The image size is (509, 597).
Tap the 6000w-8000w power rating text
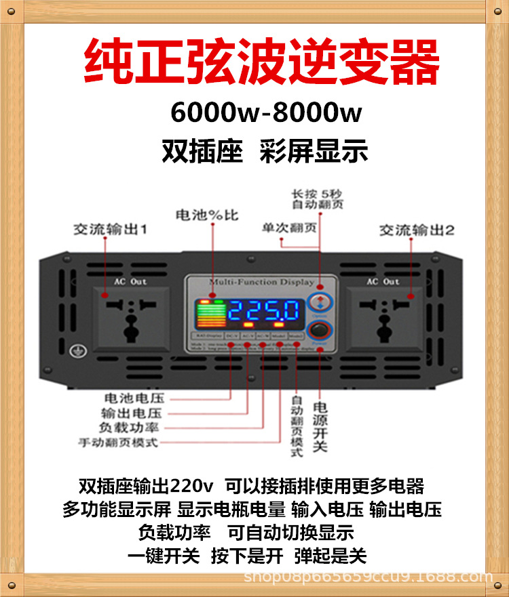coord(266,112)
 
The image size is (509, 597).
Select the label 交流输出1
coord(110,230)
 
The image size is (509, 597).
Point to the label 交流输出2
coord(416,230)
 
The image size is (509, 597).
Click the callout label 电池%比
coord(207,215)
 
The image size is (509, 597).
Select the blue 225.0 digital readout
coord(263,311)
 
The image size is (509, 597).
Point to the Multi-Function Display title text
coord(261,282)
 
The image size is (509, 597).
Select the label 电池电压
coord(134,398)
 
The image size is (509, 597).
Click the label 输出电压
coord(134,413)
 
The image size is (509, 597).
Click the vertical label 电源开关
coord(320,427)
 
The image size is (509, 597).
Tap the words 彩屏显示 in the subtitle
coord(314,150)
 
